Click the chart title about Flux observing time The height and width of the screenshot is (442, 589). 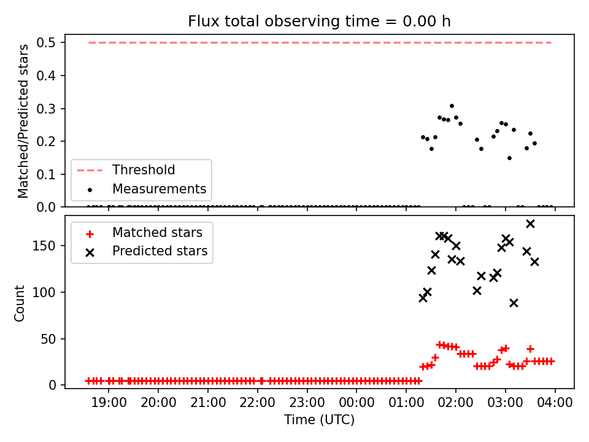click(319, 21)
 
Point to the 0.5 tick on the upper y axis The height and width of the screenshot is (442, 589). click(46, 42)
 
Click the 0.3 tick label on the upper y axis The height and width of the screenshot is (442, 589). click(46, 109)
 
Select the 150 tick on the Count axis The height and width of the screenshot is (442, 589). click(44, 246)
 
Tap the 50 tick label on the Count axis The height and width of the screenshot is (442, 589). click(48, 339)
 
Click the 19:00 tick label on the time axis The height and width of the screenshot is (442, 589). click(109, 403)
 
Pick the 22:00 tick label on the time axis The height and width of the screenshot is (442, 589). click(257, 403)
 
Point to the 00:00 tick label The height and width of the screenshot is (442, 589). click(356, 403)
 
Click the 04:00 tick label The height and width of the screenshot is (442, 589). click(555, 403)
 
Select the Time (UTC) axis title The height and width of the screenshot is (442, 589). click(319, 419)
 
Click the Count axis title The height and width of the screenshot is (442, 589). click(19, 303)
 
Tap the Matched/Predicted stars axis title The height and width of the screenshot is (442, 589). click(23, 121)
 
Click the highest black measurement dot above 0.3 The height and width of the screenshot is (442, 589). click(452, 106)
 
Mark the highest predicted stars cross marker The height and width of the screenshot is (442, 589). click(530, 224)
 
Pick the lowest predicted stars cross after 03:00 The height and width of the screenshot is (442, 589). click(514, 303)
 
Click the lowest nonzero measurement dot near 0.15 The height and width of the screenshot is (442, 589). click(510, 158)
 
